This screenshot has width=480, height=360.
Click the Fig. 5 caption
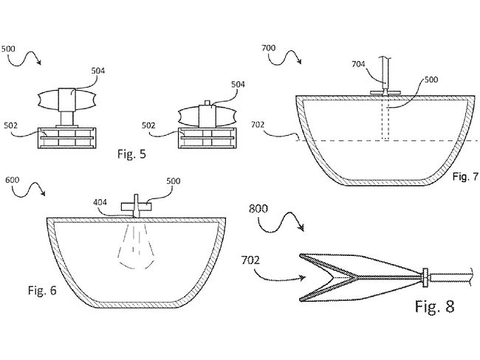[x=131, y=154]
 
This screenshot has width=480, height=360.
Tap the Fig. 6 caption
[x=42, y=290]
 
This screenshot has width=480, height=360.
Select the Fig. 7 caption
[x=465, y=176]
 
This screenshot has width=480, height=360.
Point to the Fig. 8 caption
[x=435, y=306]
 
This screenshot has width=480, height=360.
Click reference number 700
[x=269, y=48]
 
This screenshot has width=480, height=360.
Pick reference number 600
[x=13, y=180]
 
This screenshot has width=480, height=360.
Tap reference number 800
[x=258, y=209]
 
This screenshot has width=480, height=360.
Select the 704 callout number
[x=358, y=64]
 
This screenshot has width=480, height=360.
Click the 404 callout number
[x=100, y=202]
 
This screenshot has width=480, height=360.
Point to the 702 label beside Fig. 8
[x=250, y=260]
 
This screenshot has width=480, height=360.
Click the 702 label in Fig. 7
[x=258, y=125]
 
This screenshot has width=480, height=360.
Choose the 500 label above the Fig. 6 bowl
[x=174, y=181]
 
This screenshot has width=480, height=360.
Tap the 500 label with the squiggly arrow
[x=8, y=49]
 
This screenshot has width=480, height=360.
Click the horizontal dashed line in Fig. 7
[x=385, y=141]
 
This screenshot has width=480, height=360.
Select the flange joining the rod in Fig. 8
[x=425, y=277]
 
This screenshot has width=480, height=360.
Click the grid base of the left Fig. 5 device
[x=66, y=138]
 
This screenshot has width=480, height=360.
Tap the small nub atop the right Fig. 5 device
[x=208, y=103]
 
